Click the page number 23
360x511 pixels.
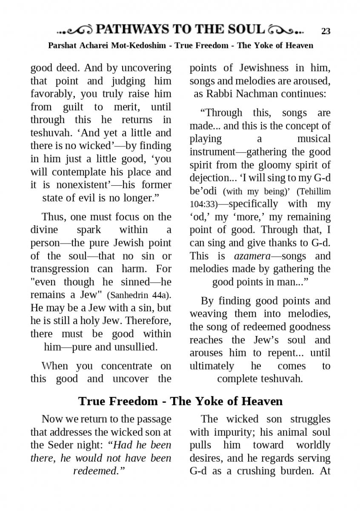(x=326, y=31)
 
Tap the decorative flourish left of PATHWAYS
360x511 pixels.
(x=75, y=30)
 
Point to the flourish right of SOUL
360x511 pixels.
(x=287, y=30)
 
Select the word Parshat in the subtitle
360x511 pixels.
(x=63, y=46)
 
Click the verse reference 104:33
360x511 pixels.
(x=203, y=204)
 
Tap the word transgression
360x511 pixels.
(x=60, y=269)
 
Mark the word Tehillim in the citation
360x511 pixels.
(x=316, y=192)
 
